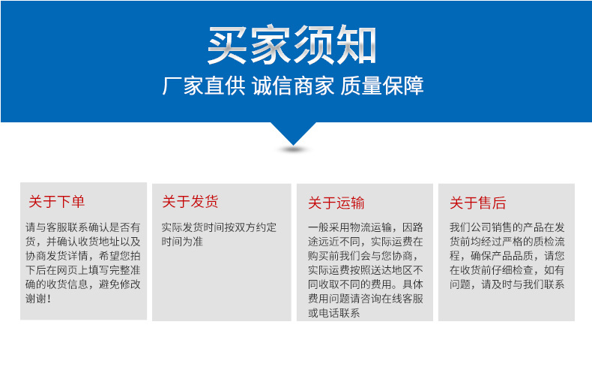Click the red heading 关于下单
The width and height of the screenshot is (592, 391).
click(57, 202)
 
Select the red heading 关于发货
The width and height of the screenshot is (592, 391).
click(190, 202)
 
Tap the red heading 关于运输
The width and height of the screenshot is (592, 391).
click(336, 203)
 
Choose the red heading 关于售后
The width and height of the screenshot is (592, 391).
click(477, 203)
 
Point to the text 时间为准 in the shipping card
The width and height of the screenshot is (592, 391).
click(182, 242)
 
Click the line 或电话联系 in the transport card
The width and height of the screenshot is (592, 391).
click(334, 313)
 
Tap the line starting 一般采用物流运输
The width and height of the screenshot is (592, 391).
click(365, 227)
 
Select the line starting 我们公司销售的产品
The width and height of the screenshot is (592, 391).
click(507, 227)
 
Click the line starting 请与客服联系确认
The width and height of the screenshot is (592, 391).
click(82, 227)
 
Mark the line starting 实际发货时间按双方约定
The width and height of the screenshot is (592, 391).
click(219, 227)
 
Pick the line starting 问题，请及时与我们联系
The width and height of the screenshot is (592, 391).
click(507, 284)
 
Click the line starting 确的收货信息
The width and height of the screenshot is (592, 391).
click(82, 284)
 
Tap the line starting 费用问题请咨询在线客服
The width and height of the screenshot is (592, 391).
click(365, 299)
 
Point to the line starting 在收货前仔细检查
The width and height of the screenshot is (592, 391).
click(507, 270)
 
